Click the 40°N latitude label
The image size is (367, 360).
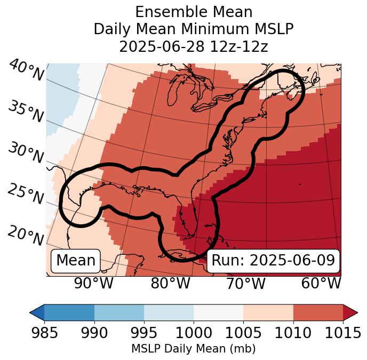click(x=27, y=71)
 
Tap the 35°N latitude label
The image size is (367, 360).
click(x=26, y=112)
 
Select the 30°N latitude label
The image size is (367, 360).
click(x=26, y=153)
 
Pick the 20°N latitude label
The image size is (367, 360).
click(x=26, y=235)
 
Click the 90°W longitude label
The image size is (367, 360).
click(x=93, y=283)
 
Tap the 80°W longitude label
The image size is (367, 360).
click(x=170, y=283)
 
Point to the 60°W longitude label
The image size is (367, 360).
click(x=321, y=283)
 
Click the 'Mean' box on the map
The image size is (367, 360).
click(x=76, y=261)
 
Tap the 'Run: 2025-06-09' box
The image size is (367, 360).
click(x=273, y=261)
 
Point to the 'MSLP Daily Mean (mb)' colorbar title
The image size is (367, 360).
click(x=193, y=349)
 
